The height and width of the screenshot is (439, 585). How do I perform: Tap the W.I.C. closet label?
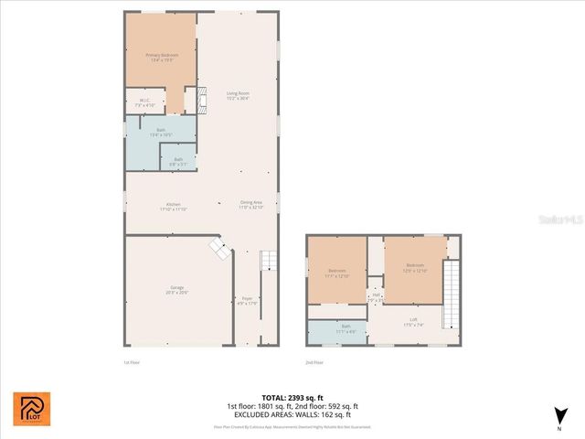point(144,103)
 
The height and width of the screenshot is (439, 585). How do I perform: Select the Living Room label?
point(239,95)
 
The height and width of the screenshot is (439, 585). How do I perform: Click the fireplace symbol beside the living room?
point(191,99)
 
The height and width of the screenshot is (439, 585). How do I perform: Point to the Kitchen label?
point(174,206)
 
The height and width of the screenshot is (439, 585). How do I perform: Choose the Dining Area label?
point(251,205)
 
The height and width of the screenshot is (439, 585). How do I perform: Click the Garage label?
point(176,290)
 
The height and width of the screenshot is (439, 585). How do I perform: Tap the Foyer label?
point(247,301)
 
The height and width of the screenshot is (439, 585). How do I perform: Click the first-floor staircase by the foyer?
point(267,262)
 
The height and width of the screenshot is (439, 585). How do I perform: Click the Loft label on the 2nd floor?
point(414,321)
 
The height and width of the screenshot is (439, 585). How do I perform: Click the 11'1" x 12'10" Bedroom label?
point(337,273)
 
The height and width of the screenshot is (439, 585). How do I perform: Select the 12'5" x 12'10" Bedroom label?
point(414,269)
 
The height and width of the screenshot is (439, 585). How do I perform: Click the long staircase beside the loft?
point(450,294)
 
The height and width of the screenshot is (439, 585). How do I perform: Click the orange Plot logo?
point(32,409)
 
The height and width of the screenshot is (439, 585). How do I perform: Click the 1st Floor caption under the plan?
point(132,362)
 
